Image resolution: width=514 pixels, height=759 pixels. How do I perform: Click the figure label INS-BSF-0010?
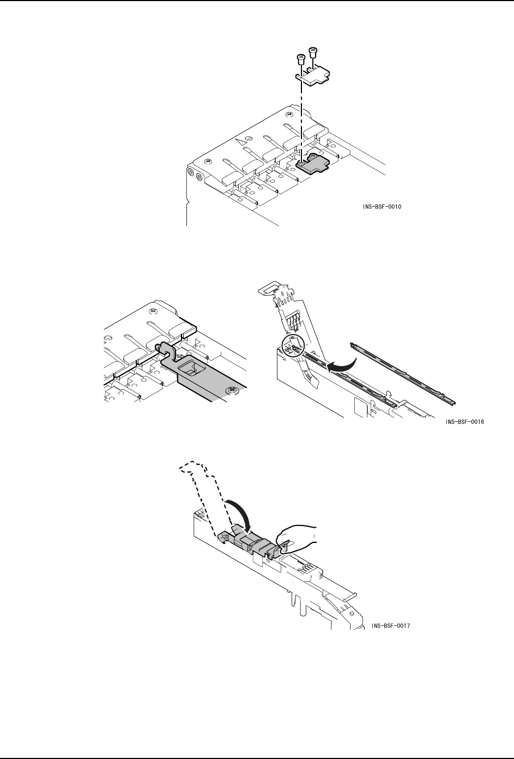pos(384,207)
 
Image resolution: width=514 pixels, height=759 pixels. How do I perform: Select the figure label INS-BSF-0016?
pos(464,422)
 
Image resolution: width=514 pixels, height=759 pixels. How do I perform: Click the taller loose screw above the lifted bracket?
pos(313,53)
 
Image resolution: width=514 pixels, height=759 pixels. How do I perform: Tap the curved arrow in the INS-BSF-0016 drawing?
pos(343,364)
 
